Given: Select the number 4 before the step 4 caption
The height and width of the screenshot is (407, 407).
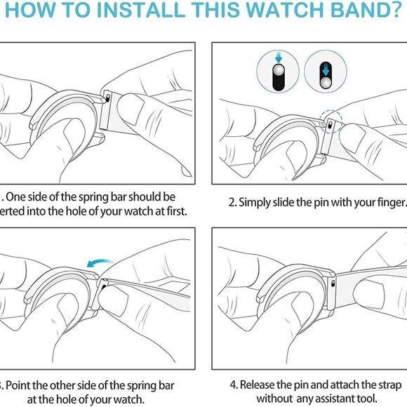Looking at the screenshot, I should [232, 385].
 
